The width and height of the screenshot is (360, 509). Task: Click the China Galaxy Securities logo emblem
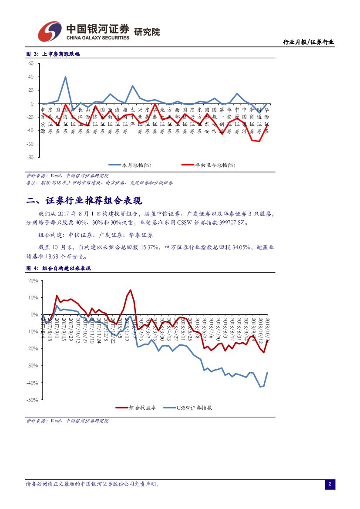pos(49,32)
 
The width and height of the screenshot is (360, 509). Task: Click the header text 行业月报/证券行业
pos(308,42)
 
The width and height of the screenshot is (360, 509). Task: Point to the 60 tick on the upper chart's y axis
pos(30,63)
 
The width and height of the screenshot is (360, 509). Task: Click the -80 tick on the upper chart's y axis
pos(30,157)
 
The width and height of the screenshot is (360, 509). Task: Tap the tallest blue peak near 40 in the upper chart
pos(65,77)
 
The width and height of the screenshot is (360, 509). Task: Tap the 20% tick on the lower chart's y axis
pos(33,280)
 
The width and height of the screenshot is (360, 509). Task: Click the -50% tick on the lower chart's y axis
pos(32,400)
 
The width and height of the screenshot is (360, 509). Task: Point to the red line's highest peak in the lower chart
pos(130,290)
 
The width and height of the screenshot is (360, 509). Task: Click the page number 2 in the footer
pos(330,484)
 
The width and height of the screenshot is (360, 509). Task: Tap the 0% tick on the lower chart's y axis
pos(34,314)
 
